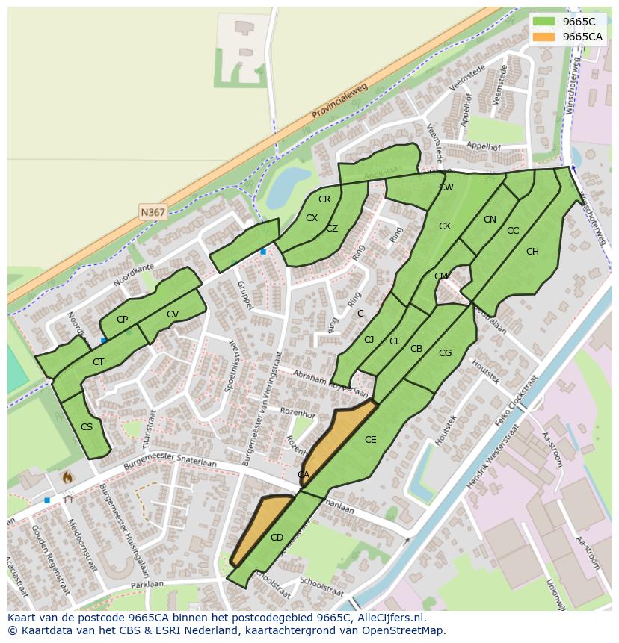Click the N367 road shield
(153, 212)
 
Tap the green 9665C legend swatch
(544, 22)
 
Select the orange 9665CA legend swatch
(544, 37)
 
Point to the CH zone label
(532, 252)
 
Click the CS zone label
(87, 427)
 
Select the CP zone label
(123, 320)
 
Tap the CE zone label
(370, 440)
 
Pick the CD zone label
(277, 537)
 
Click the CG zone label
(445, 353)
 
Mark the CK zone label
(445, 226)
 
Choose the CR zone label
(324, 199)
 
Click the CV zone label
(173, 314)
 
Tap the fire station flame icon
(67, 476)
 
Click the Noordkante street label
(134, 276)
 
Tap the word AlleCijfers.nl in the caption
(388, 618)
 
